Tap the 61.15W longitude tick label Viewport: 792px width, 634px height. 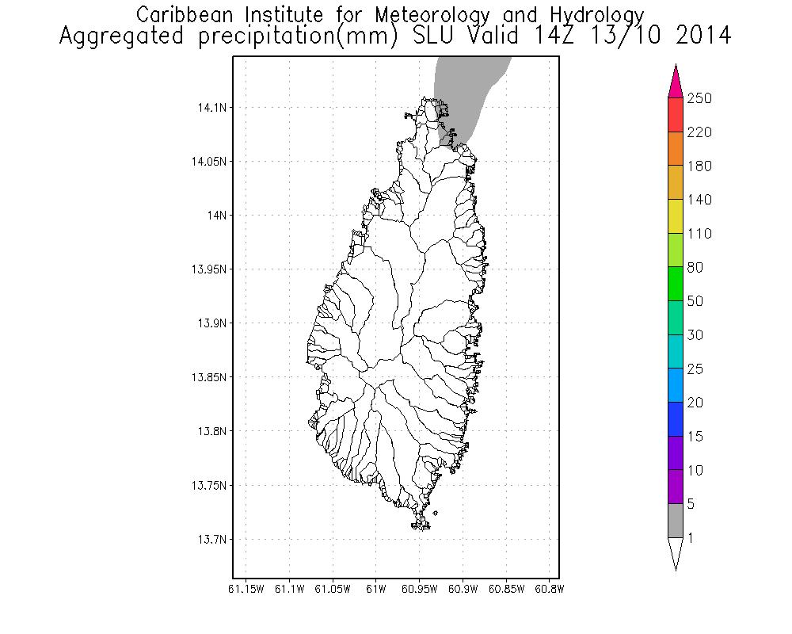[x=246, y=589]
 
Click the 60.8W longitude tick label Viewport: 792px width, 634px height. [x=549, y=589]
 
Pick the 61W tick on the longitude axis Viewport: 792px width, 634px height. [x=375, y=589]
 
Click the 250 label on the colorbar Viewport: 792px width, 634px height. [x=700, y=98]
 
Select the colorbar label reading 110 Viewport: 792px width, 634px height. [x=700, y=234]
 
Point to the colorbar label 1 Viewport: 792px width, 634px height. [x=692, y=538]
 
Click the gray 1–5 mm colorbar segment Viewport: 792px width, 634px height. [x=676, y=521]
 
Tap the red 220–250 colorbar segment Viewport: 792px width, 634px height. [x=676, y=115]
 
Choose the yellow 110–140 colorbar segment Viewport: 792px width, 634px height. [x=676, y=216]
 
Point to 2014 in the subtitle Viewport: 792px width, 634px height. [x=700, y=36]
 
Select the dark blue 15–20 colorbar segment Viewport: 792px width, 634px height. [x=676, y=419]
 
